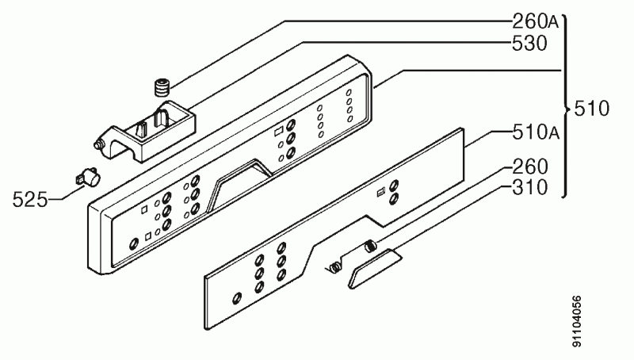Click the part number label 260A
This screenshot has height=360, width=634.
536,21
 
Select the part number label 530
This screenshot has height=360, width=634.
529,44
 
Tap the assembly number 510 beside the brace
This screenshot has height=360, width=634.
591,109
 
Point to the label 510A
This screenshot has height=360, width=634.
536,132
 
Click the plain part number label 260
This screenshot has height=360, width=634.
530,167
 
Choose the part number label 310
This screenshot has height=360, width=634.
530,187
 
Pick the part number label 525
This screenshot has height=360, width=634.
30,199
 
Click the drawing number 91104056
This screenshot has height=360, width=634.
577,322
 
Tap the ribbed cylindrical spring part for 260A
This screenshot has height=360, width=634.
162,87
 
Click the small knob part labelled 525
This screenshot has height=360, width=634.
88,178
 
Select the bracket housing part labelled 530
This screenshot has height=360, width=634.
147,131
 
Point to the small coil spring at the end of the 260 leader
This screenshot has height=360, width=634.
370,246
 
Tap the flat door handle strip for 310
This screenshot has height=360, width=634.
374,267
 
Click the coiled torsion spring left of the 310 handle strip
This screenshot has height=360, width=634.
334,267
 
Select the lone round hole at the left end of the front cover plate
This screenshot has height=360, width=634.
237,298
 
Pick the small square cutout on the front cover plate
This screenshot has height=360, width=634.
380,193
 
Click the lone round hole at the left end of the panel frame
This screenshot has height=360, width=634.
133,244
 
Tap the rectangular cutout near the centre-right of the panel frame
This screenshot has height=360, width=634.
279,132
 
